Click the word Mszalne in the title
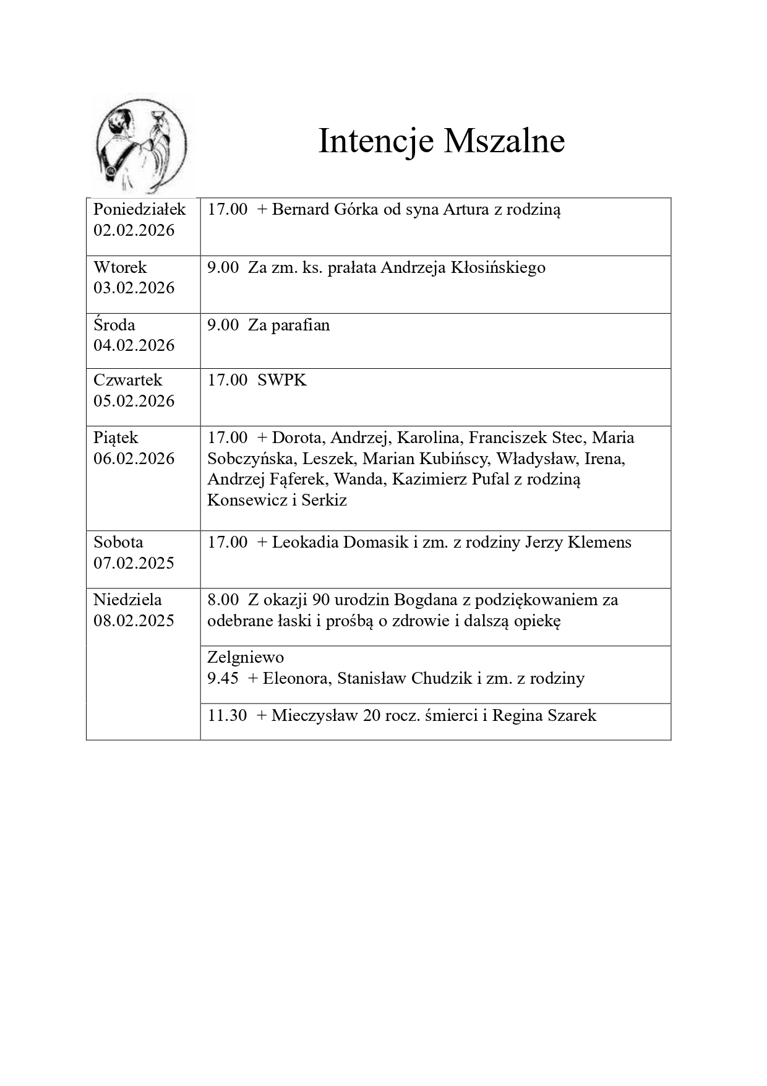[503, 141]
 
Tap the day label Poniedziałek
[139, 209]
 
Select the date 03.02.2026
[134, 288]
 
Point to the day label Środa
[114, 325]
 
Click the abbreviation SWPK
[282, 380]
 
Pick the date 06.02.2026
[134, 459]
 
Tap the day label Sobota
[118, 542]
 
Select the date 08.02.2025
[134, 621]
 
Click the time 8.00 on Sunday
[223, 600]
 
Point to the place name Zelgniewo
[246, 657]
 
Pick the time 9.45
[223, 678]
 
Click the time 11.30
[227, 715]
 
